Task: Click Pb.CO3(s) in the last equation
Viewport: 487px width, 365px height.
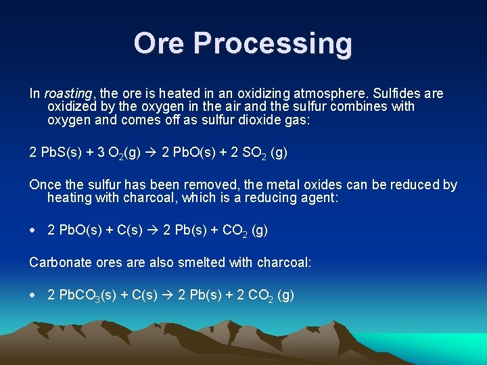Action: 87,295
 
